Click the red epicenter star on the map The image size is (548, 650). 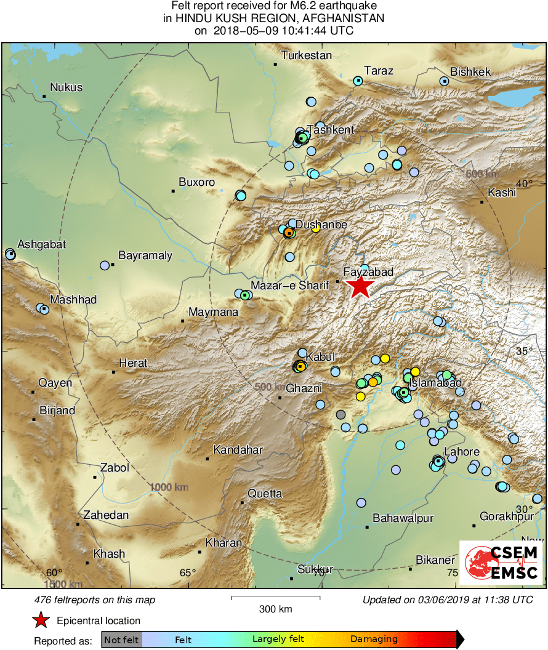click(360, 287)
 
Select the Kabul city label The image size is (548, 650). click(320, 357)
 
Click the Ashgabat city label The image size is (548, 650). click(41, 244)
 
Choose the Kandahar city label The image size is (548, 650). click(238, 450)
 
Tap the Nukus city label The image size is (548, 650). click(66, 87)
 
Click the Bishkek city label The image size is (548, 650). click(470, 72)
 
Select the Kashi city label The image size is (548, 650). click(501, 193)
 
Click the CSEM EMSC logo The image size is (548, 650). click(501, 562)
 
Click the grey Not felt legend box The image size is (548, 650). click(122, 640)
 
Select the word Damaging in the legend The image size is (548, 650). click(374, 640)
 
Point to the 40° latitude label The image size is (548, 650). click(524, 184)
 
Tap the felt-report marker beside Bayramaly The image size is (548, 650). click(105, 265)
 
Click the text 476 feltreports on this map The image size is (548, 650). click(95, 600)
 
